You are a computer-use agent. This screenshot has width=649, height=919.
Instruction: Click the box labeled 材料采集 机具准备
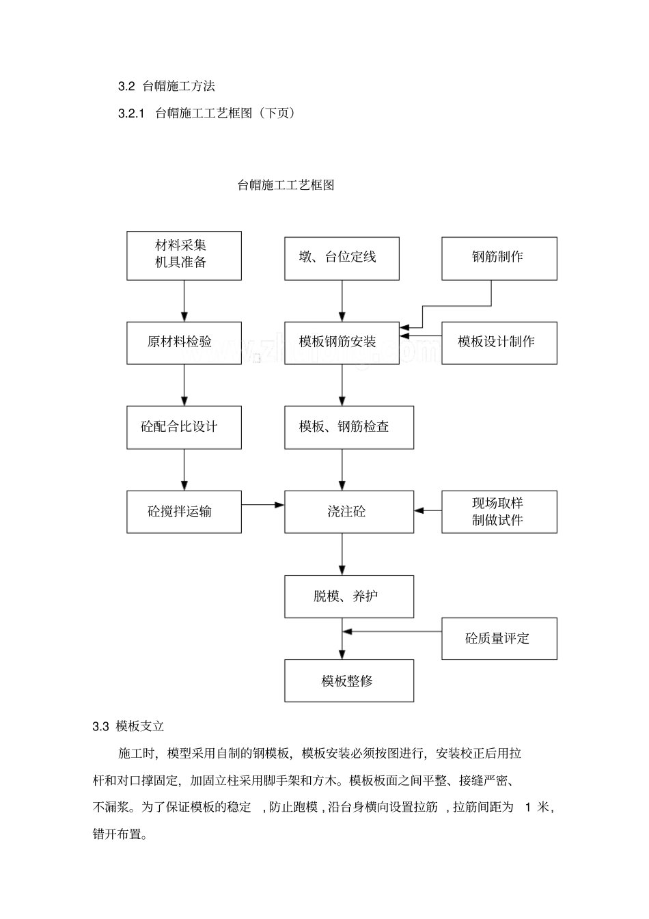[x=184, y=255]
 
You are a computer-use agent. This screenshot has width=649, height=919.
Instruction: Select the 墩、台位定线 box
[x=342, y=258]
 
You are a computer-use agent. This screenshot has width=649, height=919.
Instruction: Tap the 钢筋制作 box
[x=499, y=258]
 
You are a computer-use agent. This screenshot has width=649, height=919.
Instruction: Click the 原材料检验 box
[x=184, y=342]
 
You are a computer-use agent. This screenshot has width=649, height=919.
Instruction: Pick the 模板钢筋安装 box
[x=342, y=342]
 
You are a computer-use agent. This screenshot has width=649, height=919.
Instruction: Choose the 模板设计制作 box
[x=499, y=342]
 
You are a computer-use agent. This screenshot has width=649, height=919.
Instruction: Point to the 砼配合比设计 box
[x=184, y=427]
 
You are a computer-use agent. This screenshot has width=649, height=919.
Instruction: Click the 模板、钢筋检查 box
[x=348, y=427]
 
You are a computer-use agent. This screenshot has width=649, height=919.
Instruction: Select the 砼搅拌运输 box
[x=184, y=512]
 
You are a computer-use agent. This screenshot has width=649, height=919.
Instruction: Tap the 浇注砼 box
[x=348, y=512]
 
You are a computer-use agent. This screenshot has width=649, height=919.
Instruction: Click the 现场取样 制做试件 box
[x=499, y=512]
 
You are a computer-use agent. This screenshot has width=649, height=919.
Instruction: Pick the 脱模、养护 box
[x=348, y=596]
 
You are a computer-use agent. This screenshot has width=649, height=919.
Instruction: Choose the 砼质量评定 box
[x=499, y=639]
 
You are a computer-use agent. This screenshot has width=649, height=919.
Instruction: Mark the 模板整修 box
[x=348, y=681]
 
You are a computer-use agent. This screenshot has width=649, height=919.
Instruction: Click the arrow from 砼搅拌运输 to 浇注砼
[x=263, y=505]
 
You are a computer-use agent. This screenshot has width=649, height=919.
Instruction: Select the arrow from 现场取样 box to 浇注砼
[x=428, y=510]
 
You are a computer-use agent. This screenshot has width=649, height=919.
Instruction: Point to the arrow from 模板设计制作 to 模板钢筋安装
[x=421, y=335]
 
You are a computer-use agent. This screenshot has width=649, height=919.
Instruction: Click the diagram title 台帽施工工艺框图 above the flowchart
[x=286, y=185]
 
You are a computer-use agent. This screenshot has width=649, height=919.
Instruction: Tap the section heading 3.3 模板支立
[x=128, y=726]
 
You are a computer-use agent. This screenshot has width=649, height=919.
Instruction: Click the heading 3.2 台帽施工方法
[x=167, y=86]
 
